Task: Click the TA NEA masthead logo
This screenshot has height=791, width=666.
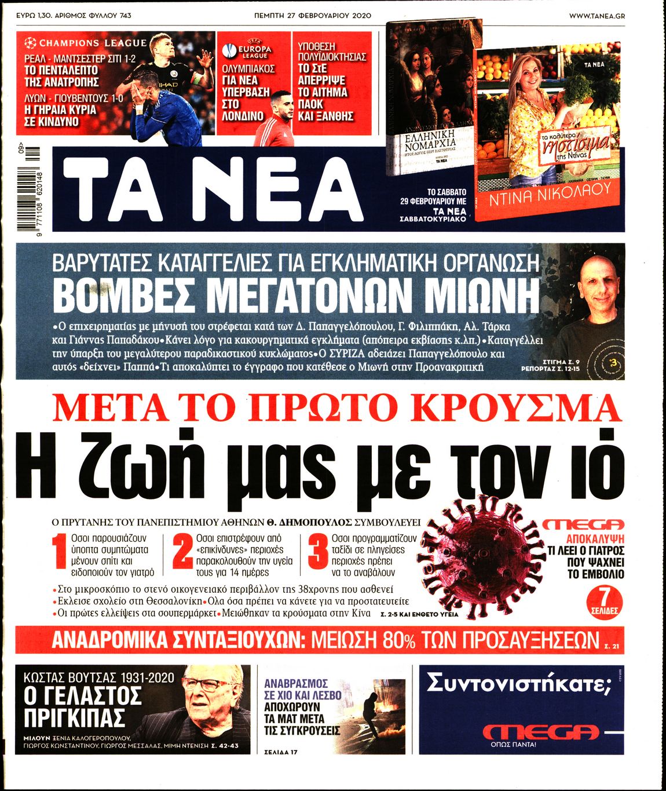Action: click(x=212, y=188)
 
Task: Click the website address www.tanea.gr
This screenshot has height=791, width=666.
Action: click(x=597, y=16)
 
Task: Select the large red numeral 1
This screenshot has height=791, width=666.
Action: click(x=60, y=555)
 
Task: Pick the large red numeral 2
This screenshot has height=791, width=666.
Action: click(x=183, y=553)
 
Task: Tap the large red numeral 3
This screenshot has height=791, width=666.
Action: click(x=318, y=553)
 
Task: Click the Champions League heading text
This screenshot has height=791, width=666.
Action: click(x=93, y=43)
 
